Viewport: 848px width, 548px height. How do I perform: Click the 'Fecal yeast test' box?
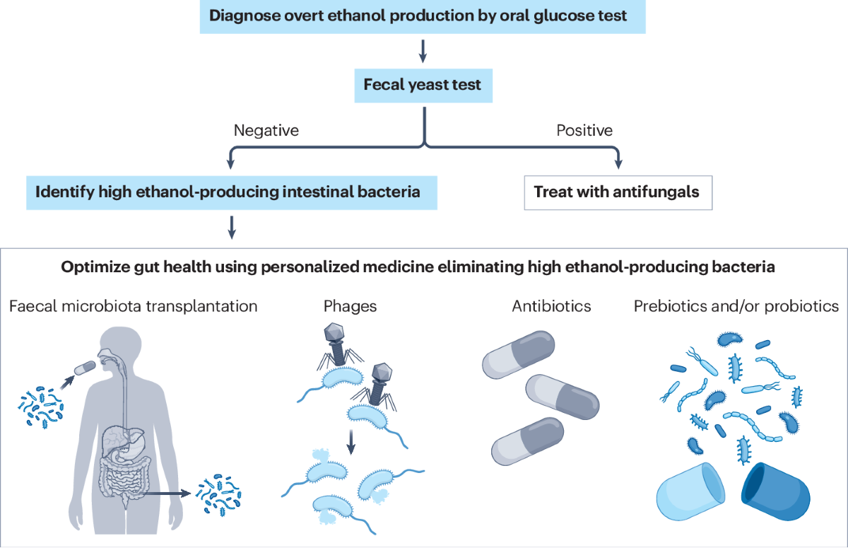[x=423, y=85]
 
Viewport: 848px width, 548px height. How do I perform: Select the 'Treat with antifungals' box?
[x=617, y=192]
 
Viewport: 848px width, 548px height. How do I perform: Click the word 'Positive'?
[x=584, y=131]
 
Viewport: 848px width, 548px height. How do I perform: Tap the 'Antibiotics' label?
[x=552, y=307]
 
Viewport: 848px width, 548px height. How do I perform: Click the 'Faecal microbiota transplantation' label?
[x=134, y=307]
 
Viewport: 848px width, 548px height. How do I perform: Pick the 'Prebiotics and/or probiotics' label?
[x=736, y=307]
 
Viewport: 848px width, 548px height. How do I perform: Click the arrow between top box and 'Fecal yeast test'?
[x=423, y=49]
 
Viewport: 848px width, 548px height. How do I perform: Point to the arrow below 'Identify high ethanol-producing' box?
[x=230, y=226]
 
